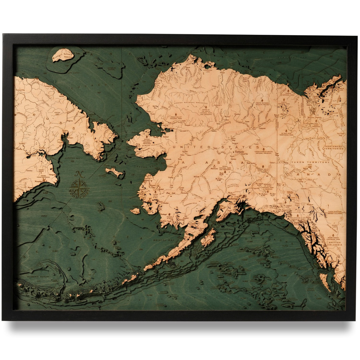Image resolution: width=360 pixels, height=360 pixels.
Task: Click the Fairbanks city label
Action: (240, 152)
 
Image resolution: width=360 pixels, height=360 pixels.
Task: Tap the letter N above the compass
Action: (79, 174)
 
